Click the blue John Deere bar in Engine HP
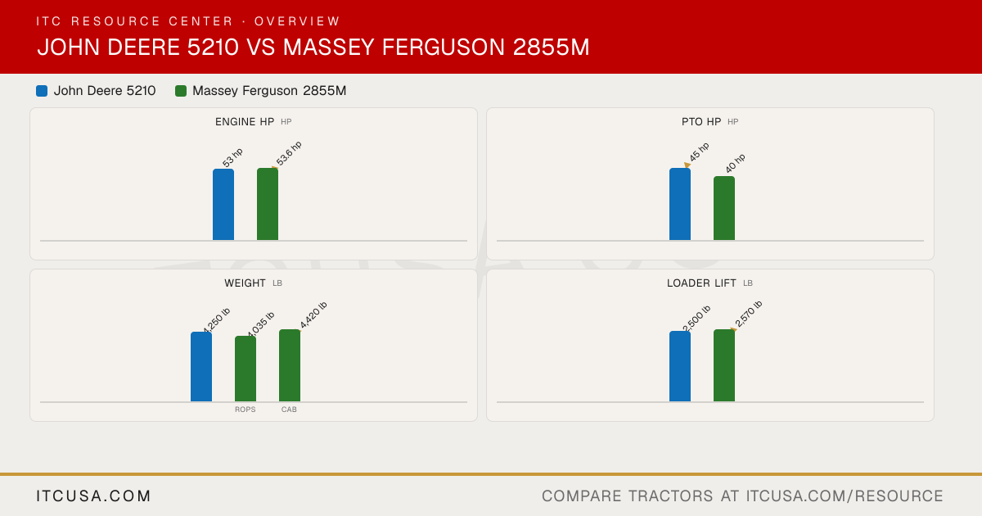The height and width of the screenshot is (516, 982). (223, 205)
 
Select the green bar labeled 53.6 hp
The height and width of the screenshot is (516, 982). (268, 204)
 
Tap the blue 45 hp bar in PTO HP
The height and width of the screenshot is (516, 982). (680, 204)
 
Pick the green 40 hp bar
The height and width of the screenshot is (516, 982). (724, 208)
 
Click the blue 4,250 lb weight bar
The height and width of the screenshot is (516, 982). (201, 366)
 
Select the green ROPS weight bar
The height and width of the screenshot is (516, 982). (245, 369)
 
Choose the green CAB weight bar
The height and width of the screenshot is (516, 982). (290, 365)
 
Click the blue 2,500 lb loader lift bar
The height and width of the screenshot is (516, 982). (680, 366)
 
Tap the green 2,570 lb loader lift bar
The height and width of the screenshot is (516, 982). (724, 365)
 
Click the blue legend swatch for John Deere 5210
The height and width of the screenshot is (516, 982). (42, 91)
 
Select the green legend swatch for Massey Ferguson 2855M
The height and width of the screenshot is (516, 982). (181, 91)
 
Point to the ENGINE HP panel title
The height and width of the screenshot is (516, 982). (245, 122)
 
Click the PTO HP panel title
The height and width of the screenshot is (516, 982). (701, 122)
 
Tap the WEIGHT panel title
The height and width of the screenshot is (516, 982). (245, 283)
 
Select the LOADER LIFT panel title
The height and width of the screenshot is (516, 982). (701, 283)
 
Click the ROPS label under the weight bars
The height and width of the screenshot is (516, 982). (245, 410)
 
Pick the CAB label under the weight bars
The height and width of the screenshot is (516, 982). (289, 410)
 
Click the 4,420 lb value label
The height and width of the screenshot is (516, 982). (313, 315)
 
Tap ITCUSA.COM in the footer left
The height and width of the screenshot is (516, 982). (93, 496)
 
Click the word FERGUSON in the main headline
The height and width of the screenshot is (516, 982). (444, 48)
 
